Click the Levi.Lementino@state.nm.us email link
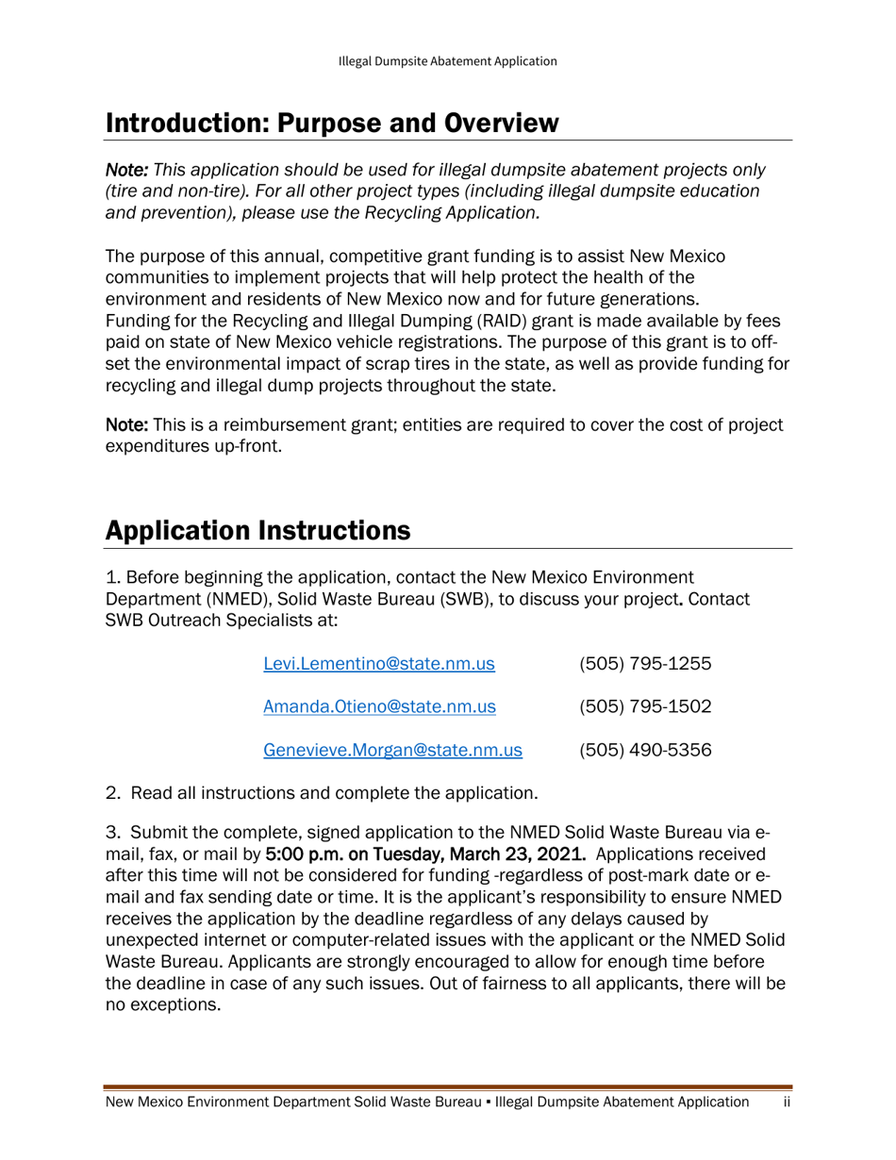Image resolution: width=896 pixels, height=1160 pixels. click(379, 663)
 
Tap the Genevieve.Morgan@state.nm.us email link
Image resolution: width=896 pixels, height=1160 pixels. click(392, 751)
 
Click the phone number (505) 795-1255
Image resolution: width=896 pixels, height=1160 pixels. click(645, 663)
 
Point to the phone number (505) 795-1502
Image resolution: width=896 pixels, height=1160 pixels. click(645, 707)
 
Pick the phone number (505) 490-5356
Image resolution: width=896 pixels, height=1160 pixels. click(645, 751)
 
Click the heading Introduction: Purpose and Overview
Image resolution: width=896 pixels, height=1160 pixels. click(332, 123)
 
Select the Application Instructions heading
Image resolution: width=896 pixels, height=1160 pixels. click(257, 530)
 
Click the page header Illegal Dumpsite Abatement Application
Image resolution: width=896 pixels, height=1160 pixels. click(448, 61)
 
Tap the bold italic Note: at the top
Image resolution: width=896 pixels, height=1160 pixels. click(126, 171)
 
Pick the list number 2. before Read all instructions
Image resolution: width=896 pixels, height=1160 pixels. click(112, 793)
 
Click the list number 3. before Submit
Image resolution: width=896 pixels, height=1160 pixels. click(112, 834)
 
